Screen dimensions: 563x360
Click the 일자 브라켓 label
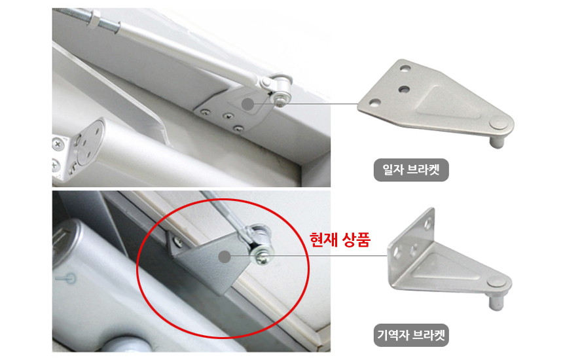click(411, 170)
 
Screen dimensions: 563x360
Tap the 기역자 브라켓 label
click(411, 335)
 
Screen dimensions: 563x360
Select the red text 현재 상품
click(340, 240)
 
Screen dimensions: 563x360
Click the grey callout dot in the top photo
click(247, 104)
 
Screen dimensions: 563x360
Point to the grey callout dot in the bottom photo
click(225, 257)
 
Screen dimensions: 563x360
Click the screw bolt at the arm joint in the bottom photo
click(263, 258)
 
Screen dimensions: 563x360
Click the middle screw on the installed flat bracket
click(228, 116)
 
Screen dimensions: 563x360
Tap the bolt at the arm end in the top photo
click(280, 98)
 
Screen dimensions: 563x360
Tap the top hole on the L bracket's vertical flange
click(428, 224)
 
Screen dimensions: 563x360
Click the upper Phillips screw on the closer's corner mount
click(58, 145)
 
